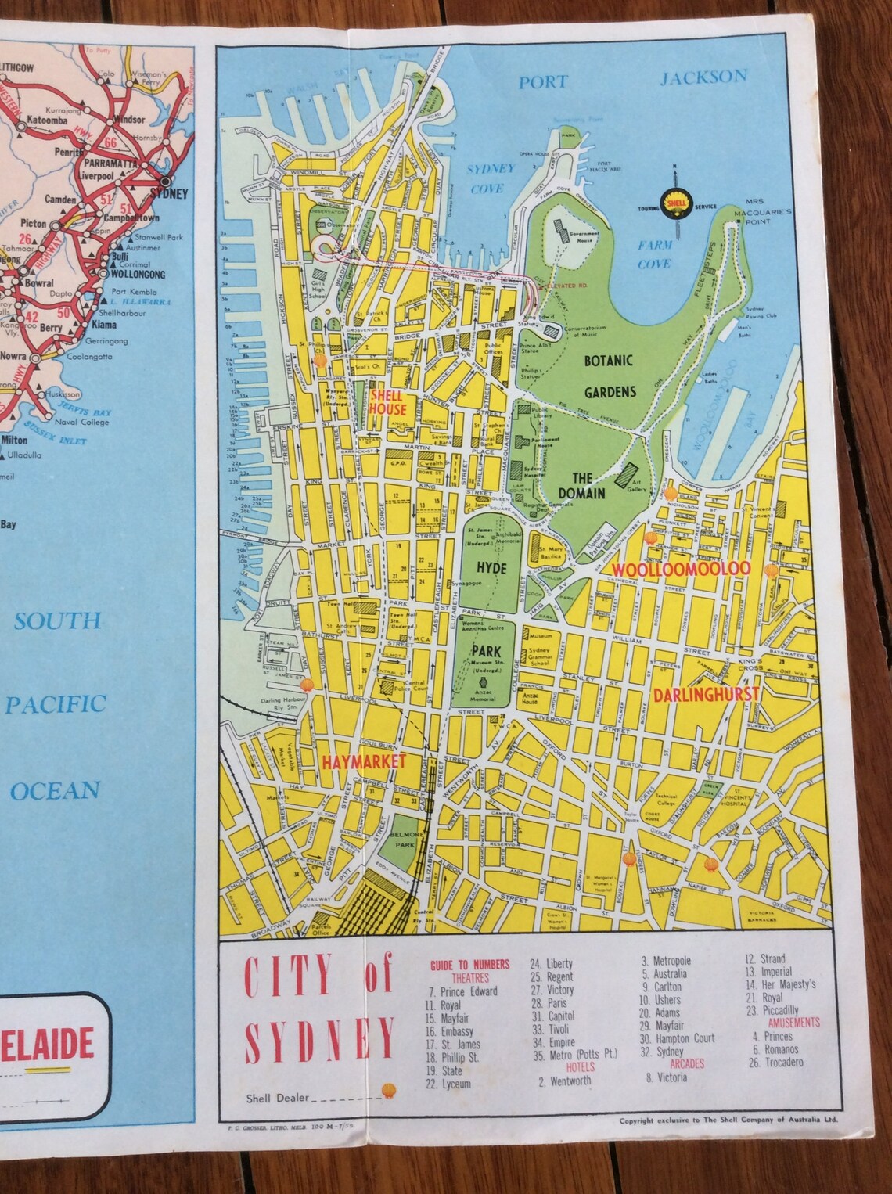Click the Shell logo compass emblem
[672, 202]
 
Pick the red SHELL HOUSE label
[387, 403]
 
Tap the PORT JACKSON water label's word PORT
[542, 82]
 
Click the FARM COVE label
[654, 254]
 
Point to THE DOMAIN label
[581, 485]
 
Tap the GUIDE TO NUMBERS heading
[469, 965]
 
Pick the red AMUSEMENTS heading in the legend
[793, 1022]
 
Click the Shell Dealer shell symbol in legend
[388, 1090]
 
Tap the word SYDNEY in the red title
[320, 1040]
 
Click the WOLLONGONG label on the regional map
[138, 275]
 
